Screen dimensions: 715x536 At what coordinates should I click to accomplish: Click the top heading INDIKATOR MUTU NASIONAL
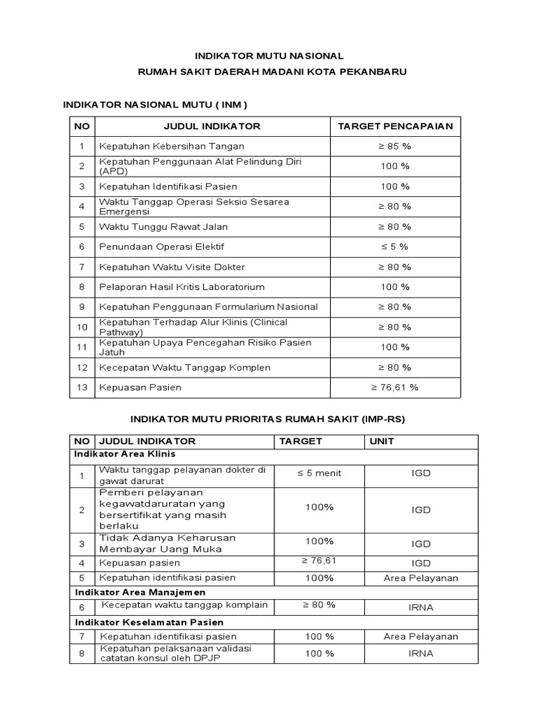(x=269, y=55)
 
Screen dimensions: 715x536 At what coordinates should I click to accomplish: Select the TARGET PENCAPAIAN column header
(x=395, y=126)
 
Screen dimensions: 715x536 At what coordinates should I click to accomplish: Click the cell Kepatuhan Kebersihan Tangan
(x=172, y=147)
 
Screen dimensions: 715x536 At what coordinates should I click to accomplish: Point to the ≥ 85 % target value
(x=395, y=147)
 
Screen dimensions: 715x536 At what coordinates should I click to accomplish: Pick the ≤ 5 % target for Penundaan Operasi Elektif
(x=395, y=246)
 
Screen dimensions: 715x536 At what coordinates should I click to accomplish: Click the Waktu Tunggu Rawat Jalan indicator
(x=163, y=227)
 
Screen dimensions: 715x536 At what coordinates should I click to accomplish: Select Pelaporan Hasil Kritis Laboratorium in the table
(x=182, y=287)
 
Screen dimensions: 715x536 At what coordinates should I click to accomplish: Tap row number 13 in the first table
(x=82, y=387)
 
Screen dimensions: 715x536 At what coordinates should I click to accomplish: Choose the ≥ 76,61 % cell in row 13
(x=395, y=387)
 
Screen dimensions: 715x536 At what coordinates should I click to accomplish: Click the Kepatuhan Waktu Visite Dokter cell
(x=172, y=267)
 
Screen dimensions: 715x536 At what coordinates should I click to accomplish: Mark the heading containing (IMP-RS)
(x=269, y=419)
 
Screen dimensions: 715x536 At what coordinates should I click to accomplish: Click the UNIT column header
(x=382, y=441)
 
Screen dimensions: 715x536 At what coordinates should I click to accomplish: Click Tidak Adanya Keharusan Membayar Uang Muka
(x=167, y=543)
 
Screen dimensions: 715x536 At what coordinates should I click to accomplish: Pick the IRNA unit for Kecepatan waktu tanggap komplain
(x=421, y=607)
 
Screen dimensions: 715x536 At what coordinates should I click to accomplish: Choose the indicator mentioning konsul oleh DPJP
(x=174, y=653)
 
